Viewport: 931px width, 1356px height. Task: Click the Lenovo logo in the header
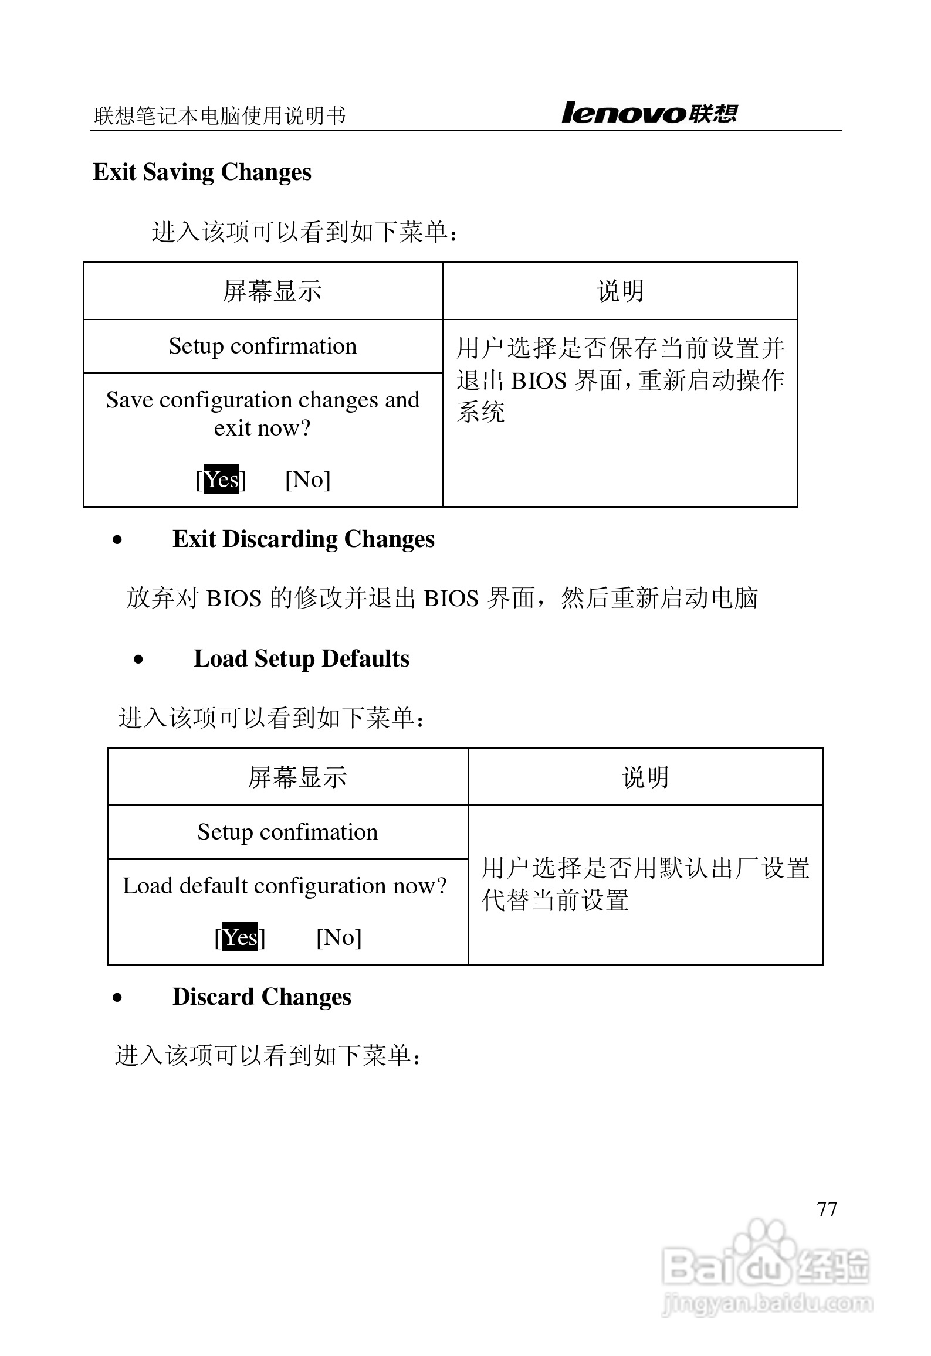[x=649, y=113]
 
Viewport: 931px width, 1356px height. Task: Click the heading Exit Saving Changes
[x=202, y=172]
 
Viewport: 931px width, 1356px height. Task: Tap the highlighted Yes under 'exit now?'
[x=221, y=480]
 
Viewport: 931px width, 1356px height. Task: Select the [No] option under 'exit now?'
[x=308, y=480]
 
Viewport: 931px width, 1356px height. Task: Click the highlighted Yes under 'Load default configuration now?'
[x=240, y=937]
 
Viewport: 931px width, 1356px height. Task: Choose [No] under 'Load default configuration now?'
[x=338, y=937]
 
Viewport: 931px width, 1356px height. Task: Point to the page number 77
[x=827, y=1208]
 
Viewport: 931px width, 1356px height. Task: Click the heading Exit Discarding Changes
[x=303, y=539]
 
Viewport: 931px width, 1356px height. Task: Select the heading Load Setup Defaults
[x=302, y=659]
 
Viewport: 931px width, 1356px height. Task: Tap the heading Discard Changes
[x=262, y=997]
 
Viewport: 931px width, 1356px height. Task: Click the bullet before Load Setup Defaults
[x=138, y=660]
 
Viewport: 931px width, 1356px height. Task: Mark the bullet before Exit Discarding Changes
[x=118, y=541]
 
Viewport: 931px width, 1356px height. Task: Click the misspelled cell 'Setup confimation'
[x=287, y=832]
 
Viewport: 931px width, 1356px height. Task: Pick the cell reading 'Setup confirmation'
[x=263, y=346]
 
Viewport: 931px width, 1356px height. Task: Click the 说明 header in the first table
[x=620, y=291]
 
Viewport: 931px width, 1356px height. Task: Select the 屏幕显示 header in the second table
[x=297, y=777]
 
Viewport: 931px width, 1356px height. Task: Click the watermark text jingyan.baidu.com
[x=766, y=1303]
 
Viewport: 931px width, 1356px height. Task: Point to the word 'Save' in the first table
[x=129, y=400]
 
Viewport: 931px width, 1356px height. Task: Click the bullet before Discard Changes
[x=118, y=998]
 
